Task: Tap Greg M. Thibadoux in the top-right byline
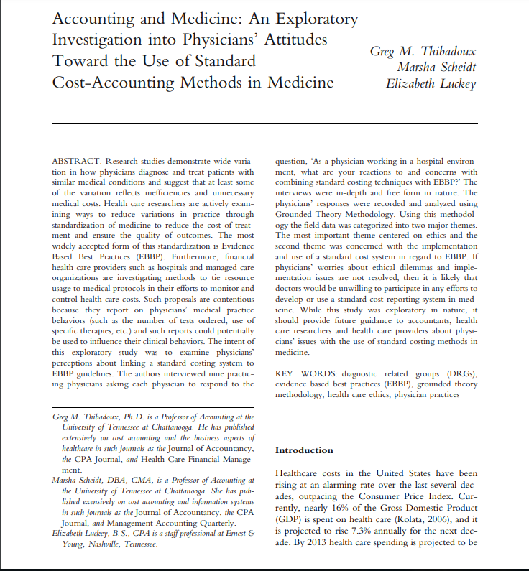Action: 423,52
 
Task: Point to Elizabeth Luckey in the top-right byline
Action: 431,83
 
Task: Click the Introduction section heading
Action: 304,450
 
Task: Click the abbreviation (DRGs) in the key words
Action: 460,374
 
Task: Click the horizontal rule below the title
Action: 264,123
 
